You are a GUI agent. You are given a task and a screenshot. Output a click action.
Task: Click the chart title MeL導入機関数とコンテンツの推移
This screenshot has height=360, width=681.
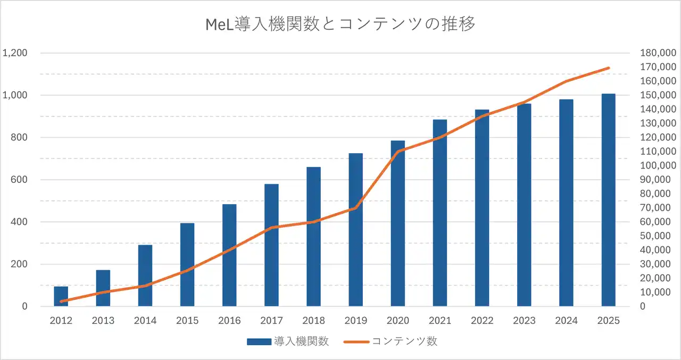point(340,24)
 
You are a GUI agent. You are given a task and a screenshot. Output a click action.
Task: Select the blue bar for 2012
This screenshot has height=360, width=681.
point(61,296)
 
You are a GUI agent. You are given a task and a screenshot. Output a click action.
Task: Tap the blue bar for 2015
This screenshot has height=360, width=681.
point(187,264)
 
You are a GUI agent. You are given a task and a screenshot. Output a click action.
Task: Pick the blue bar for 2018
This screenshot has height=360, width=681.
point(314,237)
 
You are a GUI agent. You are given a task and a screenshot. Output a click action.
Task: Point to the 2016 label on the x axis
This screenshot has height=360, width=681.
point(229,321)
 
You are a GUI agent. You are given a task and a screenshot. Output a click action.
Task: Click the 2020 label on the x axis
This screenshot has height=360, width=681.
point(398,321)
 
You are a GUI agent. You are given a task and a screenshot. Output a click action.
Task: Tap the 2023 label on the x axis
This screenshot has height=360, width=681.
point(524,321)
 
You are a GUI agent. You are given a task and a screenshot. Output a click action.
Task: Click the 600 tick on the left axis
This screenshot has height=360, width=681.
point(19,180)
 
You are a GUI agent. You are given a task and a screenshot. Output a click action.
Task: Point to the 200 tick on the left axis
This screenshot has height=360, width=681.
point(19,264)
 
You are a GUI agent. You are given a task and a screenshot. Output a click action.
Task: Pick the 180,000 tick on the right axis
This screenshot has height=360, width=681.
point(658,53)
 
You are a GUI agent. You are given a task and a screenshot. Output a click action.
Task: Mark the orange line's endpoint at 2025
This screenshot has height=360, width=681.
point(608,68)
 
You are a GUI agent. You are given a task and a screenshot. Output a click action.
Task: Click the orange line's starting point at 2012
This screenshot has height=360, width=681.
point(61,302)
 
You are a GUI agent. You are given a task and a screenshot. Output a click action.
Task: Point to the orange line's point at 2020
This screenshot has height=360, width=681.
point(398,152)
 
